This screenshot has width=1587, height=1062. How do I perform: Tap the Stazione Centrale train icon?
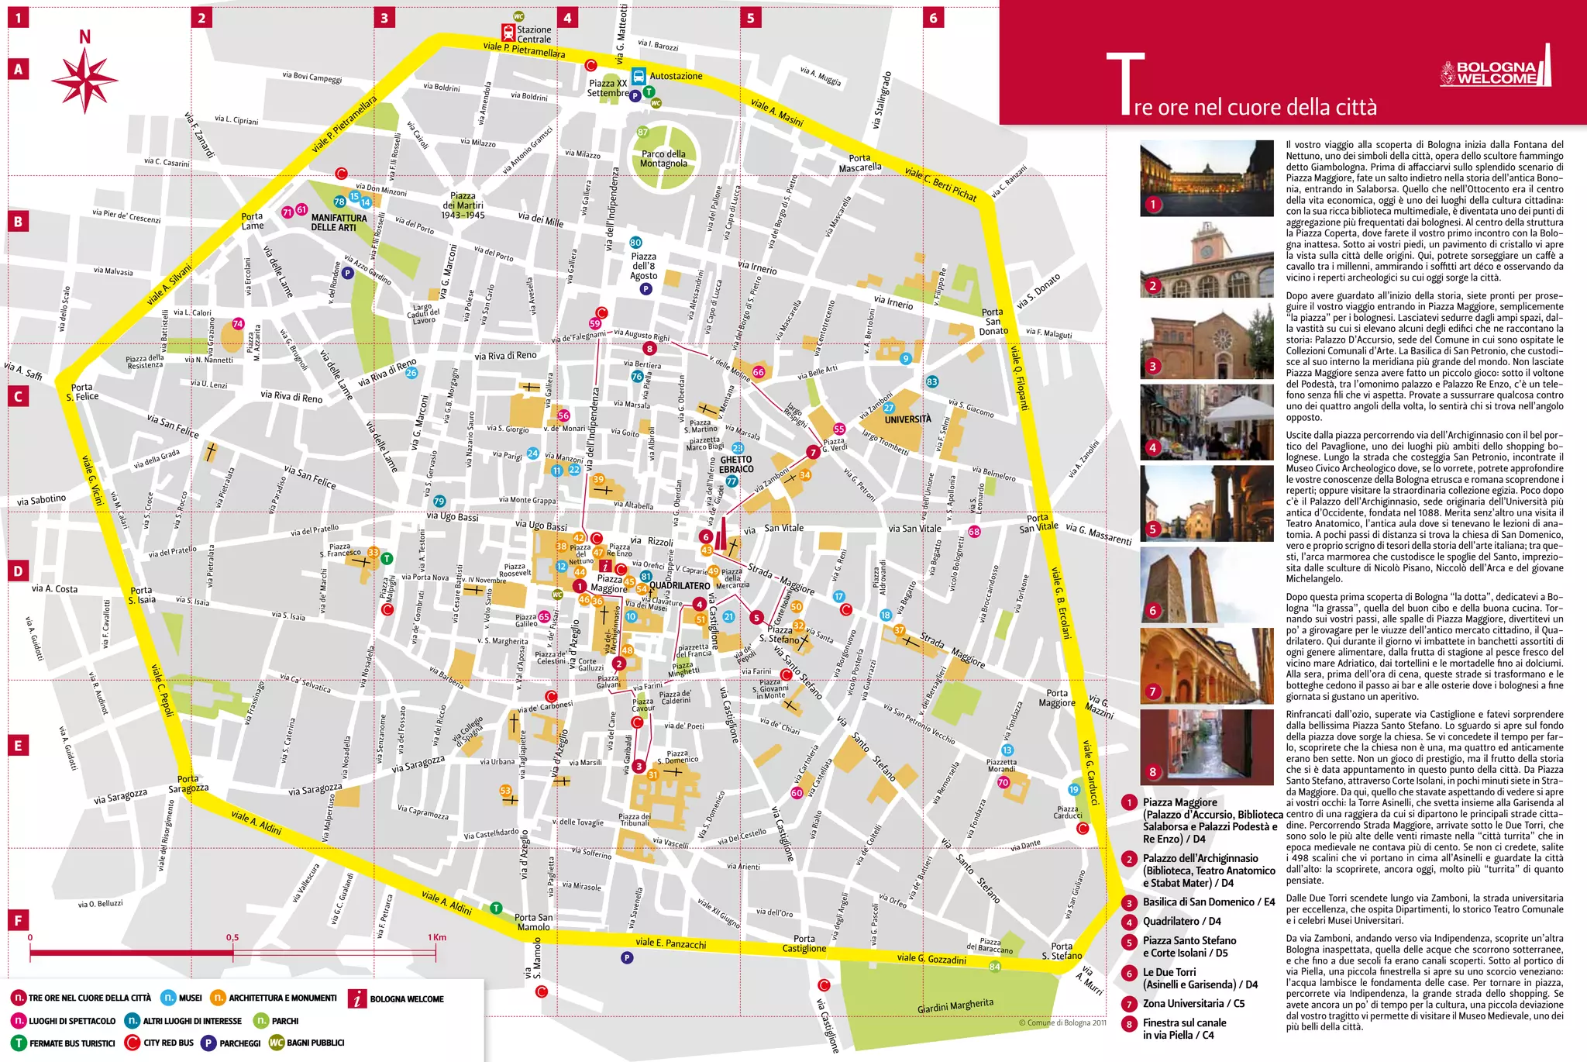tap(508, 33)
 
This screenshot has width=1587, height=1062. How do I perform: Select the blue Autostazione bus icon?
tap(639, 76)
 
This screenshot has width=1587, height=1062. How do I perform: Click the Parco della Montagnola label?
tap(663, 159)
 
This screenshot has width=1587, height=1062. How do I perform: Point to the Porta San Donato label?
tap(993, 322)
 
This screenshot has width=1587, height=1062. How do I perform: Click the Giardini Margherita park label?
tap(955, 1006)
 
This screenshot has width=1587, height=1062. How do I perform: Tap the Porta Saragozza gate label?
tap(188, 784)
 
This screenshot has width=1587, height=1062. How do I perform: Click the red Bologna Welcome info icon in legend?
tap(356, 998)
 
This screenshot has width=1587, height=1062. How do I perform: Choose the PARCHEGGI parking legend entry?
tap(232, 1043)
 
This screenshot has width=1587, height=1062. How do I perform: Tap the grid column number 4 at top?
tap(567, 18)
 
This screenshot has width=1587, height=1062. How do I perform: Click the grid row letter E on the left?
tap(18, 746)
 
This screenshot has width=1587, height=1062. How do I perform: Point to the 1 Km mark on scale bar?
tap(437, 937)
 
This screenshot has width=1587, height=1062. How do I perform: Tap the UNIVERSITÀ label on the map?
tap(907, 419)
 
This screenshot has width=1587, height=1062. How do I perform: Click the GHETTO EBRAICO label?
tap(735, 464)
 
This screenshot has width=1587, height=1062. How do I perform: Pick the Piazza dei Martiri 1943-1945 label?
tap(463, 205)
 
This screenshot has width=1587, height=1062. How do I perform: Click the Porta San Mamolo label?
tap(533, 922)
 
